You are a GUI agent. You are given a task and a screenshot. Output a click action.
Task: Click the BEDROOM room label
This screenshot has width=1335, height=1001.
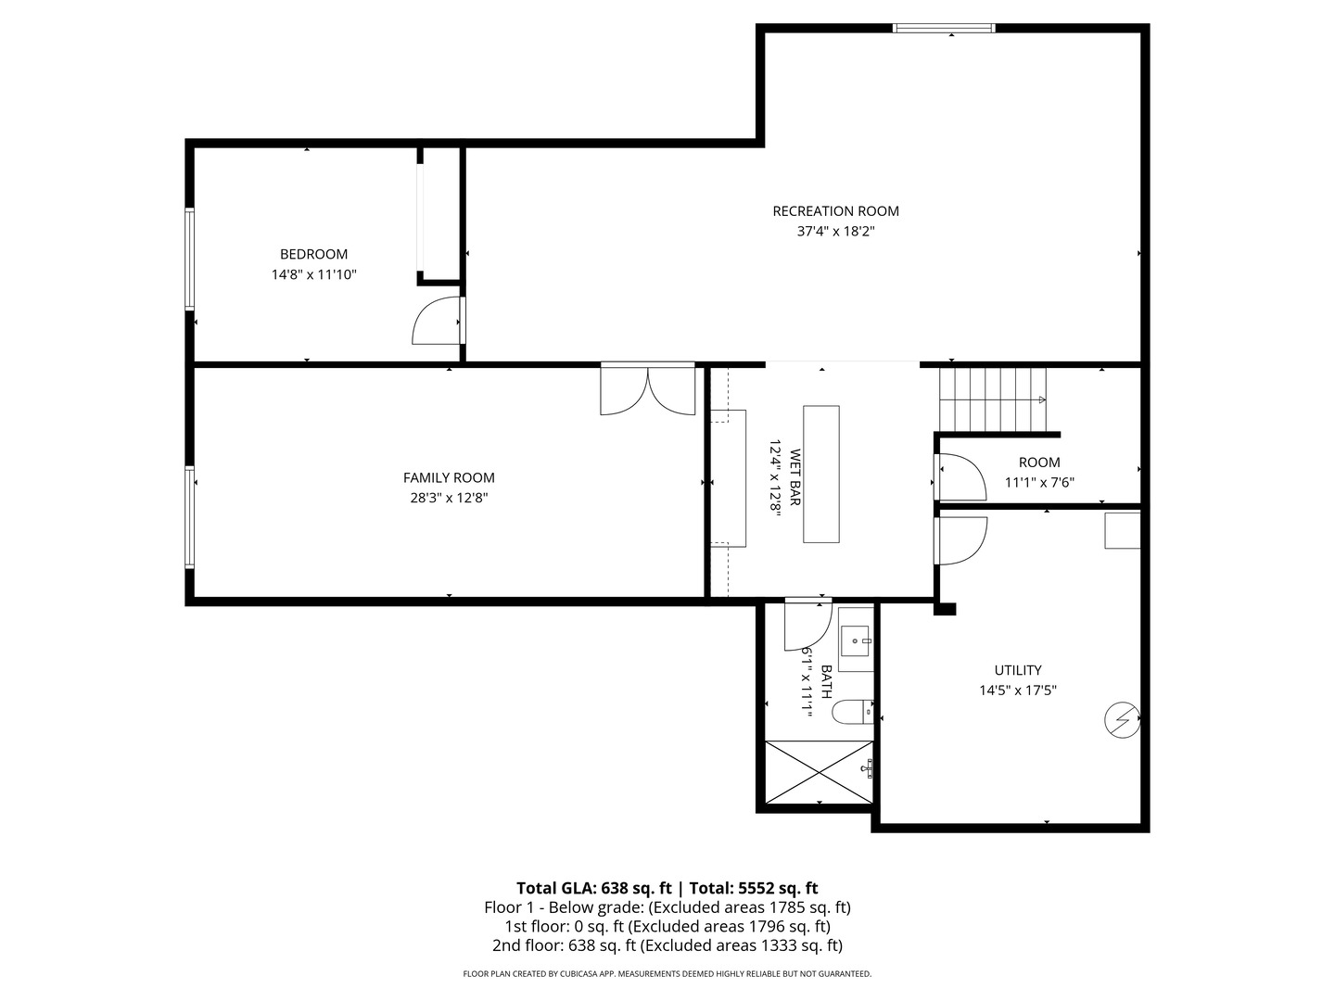coord(313,254)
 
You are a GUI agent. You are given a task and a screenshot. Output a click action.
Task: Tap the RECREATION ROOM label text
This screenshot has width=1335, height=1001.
coord(835,211)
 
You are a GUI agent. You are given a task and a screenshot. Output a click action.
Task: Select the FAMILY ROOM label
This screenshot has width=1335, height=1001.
coord(449,478)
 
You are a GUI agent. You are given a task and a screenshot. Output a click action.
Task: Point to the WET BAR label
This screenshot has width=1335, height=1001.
coord(795,478)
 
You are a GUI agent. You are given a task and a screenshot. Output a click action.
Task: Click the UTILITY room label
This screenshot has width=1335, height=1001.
coord(1017,670)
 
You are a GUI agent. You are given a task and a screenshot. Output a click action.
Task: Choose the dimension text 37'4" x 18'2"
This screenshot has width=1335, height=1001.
coord(835,232)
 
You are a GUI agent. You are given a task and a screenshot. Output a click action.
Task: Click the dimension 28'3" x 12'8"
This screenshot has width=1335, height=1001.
coord(449,498)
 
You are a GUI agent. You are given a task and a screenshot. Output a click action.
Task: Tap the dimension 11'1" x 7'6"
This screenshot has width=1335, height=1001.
coord(1039,482)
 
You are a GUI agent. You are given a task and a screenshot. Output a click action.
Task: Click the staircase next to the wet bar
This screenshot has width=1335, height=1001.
coord(993,399)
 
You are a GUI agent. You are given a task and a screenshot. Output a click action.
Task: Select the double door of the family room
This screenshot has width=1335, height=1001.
coord(647,390)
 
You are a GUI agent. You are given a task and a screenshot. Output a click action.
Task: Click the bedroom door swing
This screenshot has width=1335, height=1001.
coord(436,322)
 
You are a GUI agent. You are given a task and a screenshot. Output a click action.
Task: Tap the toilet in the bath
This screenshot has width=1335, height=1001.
coord(851,712)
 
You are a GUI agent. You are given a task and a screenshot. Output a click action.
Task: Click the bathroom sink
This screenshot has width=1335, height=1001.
coord(855,640)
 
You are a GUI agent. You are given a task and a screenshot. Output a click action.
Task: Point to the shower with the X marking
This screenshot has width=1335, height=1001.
coord(819,772)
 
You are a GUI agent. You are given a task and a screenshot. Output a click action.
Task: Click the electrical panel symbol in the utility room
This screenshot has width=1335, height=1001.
coord(1121,719)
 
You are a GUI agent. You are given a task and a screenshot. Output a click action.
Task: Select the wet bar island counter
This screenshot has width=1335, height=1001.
coord(820,474)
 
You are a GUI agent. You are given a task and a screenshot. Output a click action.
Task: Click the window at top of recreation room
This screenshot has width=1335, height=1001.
coord(943,28)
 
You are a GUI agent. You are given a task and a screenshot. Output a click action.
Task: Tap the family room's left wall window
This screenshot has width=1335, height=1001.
coord(190,516)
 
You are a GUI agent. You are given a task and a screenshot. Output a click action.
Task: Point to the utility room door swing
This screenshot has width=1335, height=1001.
coord(961,540)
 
